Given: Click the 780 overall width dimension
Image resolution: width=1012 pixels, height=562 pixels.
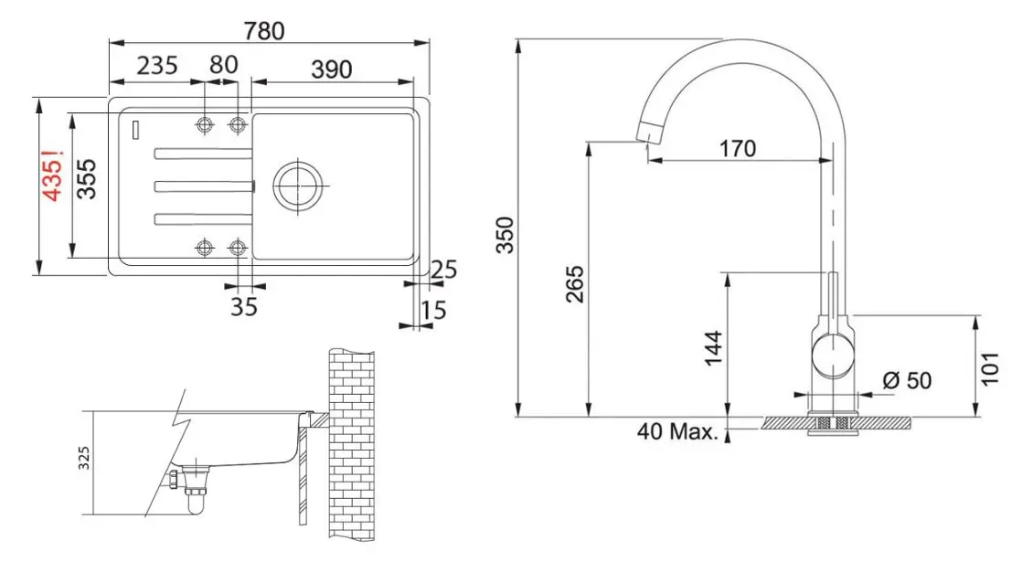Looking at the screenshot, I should tap(265, 30).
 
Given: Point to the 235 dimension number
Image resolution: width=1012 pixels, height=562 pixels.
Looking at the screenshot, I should tap(156, 66).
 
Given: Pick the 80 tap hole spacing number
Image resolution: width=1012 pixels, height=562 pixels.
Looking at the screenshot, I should tap(223, 65).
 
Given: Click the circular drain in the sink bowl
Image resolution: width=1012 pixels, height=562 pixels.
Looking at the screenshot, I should tap(297, 185).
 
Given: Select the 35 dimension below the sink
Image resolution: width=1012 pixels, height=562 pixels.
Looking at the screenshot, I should tap(243, 307).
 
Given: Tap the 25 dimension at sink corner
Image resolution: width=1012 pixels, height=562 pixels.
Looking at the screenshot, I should tap(443, 269).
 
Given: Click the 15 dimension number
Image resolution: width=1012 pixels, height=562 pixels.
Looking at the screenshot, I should tap(434, 312).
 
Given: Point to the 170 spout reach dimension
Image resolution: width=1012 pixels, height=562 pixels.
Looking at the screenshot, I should tap(737, 148).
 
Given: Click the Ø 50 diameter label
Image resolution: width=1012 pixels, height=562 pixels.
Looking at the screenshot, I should tap(907, 379).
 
